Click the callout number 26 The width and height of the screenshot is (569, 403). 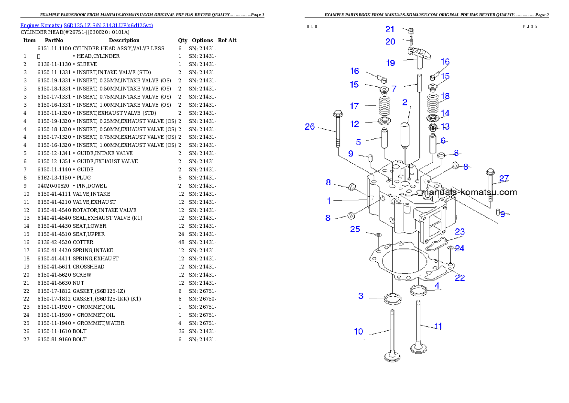(310, 127)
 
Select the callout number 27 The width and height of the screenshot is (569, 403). (504, 179)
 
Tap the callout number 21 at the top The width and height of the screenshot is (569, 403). (390, 30)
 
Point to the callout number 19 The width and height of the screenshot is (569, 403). (391, 63)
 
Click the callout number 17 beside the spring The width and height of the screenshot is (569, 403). (354, 106)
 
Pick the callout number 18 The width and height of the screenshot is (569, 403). (445, 96)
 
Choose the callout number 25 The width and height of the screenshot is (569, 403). (355, 229)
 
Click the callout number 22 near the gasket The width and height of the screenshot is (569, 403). (460, 278)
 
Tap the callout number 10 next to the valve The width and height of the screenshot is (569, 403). (359, 331)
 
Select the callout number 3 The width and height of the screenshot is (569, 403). (361, 296)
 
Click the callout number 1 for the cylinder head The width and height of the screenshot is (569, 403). (329, 200)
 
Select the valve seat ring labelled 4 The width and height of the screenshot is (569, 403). (418, 290)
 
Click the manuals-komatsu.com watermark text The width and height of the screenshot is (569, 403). (469, 192)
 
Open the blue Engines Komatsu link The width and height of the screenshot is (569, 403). (87, 25)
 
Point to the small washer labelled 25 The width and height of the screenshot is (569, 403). (378, 235)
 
